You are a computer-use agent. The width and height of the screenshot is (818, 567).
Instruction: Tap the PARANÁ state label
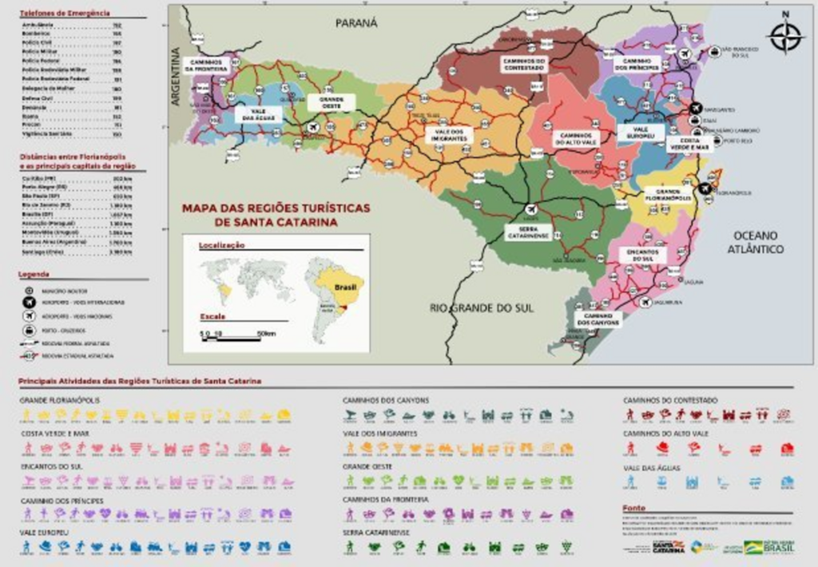click(355, 23)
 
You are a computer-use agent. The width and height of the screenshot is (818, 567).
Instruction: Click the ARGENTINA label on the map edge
click(176, 77)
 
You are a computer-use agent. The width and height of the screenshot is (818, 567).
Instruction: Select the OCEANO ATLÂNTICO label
click(755, 242)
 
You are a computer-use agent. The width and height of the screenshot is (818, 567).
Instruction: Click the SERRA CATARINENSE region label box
click(527, 232)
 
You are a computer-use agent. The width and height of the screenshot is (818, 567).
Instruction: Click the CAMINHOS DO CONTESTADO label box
click(523, 63)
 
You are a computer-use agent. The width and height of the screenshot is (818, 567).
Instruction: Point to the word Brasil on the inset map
click(344, 285)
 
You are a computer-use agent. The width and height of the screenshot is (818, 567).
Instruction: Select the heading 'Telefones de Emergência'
click(65, 14)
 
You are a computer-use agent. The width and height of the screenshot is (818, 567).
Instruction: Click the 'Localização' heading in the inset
click(221, 245)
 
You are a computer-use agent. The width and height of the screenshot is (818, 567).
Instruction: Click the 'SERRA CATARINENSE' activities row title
click(376, 531)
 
